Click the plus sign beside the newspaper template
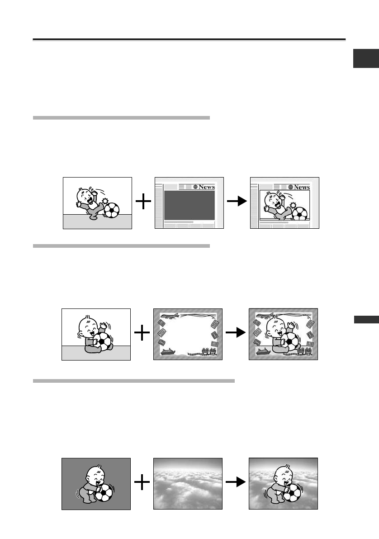click(143, 202)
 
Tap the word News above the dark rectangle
click(207, 187)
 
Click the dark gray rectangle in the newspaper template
click(189, 206)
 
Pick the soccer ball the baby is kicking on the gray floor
click(112, 209)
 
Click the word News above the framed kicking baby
click(302, 187)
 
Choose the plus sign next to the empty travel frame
click(142, 334)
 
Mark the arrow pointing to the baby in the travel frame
click(235, 334)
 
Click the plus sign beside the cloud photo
click(142, 483)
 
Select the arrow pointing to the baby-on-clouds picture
click(235, 483)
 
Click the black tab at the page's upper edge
click(365, 59)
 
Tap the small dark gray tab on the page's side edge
click(365, 320)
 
